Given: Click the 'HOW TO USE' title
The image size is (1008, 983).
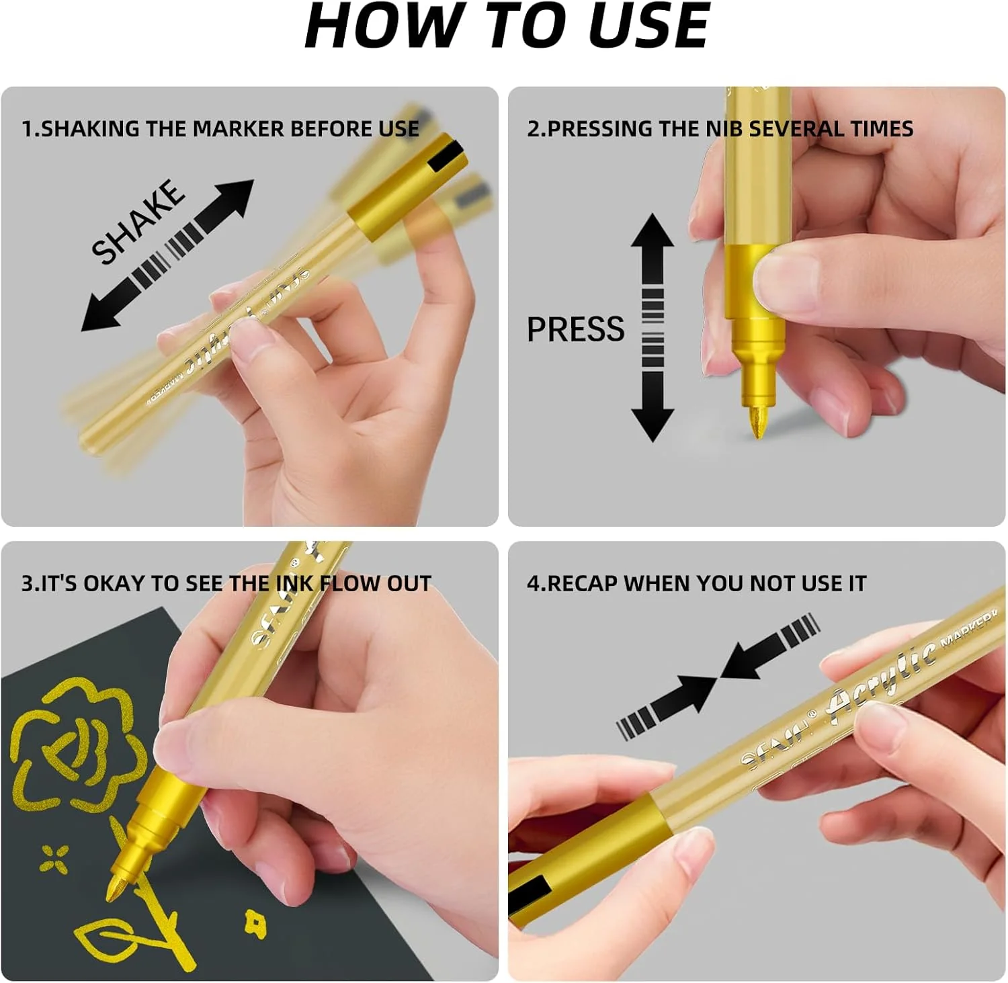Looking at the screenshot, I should point(507,27).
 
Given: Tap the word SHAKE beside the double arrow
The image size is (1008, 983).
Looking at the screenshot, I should point(138,222).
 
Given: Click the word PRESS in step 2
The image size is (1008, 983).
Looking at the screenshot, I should point(575,329).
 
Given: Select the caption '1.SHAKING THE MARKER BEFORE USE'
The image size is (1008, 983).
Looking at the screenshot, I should point(220,128).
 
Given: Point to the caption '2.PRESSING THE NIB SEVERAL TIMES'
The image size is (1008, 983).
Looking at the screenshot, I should point(720,128).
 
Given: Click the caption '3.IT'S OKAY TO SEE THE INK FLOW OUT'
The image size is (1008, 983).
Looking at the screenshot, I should point(226,583).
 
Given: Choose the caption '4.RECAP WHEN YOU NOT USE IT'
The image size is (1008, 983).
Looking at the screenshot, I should point(696,583).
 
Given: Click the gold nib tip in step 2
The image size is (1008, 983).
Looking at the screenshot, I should point(757,423).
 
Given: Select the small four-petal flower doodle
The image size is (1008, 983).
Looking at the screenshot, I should point(54,858).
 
